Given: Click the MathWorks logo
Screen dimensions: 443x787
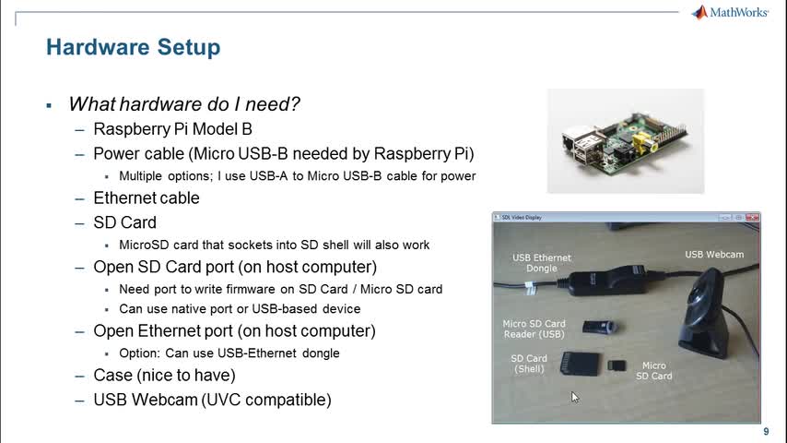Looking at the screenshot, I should [730, 12].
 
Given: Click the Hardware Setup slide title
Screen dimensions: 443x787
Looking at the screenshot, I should [133, 46].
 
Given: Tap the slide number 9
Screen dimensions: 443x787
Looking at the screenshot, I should [766, 432].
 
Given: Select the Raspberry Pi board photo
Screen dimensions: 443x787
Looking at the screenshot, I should [625, 140].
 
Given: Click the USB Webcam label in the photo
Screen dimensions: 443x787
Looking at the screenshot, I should [713, 254].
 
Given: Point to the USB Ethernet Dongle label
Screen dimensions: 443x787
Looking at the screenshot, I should [542, 263].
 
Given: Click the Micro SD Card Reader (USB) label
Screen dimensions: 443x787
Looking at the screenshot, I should [534, 329].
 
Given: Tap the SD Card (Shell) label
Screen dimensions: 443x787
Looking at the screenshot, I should [529, 364].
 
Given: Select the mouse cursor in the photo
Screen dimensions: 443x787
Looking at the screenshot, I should [574, 397].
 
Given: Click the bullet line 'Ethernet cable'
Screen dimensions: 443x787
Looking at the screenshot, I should [146, 198].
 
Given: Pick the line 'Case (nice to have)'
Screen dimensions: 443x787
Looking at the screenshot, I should [164, 376].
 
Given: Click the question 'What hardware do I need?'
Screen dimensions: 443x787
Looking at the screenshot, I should [184, 104].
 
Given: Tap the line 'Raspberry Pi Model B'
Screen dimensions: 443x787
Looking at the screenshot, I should [172, 129].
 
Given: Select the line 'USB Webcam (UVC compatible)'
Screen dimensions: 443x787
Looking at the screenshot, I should [212, 400].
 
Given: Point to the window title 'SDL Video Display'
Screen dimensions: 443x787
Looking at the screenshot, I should [521, 218].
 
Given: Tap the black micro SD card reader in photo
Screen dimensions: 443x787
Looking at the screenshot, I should [600, 327].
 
